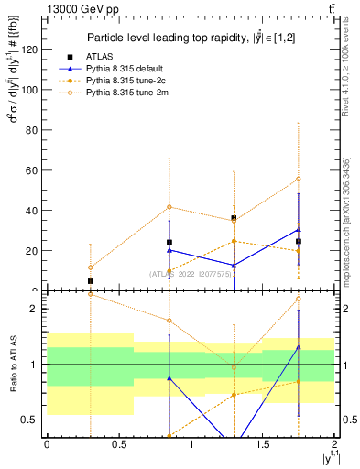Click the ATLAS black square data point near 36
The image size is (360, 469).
(235, 218)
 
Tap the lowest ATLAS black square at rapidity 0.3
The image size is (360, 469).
(90, 281)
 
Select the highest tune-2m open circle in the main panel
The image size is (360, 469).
(299, 179)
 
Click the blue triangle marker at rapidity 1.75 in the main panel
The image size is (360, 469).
(299, 230)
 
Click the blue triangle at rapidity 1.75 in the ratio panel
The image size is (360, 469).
(299, 347)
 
